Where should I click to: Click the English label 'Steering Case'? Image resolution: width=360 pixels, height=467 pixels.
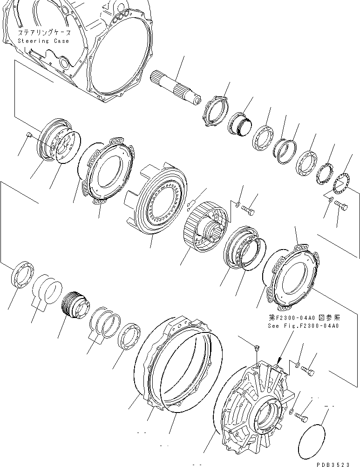click(x=43, y=41)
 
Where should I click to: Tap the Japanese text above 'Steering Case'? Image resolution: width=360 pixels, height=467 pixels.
click(x=45, y=33)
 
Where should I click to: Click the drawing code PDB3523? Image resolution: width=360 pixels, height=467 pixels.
click(x=333, y=464)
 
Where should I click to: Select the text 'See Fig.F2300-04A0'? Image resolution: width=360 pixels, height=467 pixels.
click(x=303, y=326)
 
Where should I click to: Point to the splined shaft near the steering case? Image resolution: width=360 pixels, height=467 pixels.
click(x=176, y=87)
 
